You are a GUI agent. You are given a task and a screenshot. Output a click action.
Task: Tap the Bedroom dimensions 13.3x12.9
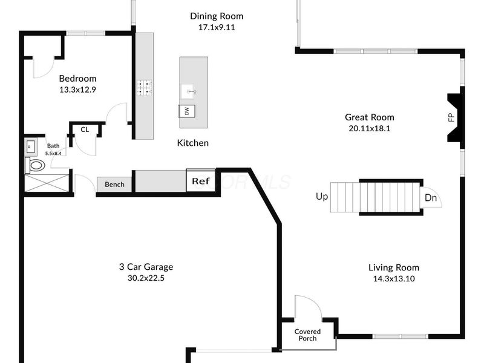coord(77,89)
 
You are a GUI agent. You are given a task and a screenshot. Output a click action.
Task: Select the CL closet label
coord(85,129)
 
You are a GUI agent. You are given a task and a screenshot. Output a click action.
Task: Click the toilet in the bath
coord(36,165)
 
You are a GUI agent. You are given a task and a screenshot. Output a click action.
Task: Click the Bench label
coord(114,184)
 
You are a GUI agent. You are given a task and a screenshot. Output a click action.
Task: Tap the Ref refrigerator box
coord(200,181)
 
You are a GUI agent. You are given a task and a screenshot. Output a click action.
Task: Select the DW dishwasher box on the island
coord(187,111)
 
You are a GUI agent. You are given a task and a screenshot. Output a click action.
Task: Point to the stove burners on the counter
coord(144,88)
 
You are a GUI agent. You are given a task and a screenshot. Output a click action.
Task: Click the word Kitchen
coord(193,143)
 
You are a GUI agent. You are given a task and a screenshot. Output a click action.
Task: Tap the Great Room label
coord(369,117)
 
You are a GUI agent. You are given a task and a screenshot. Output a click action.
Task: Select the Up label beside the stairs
coord(322,197)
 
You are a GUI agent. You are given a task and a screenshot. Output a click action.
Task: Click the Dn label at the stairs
coord(431,198)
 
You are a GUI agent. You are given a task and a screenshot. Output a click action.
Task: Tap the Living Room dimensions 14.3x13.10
coord(394,279)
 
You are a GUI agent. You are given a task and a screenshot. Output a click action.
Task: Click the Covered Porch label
coord(307,335)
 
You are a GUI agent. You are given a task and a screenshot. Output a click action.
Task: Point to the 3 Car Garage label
coord(146,266)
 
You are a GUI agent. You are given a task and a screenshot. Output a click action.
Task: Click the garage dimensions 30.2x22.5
coord(146,278)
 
